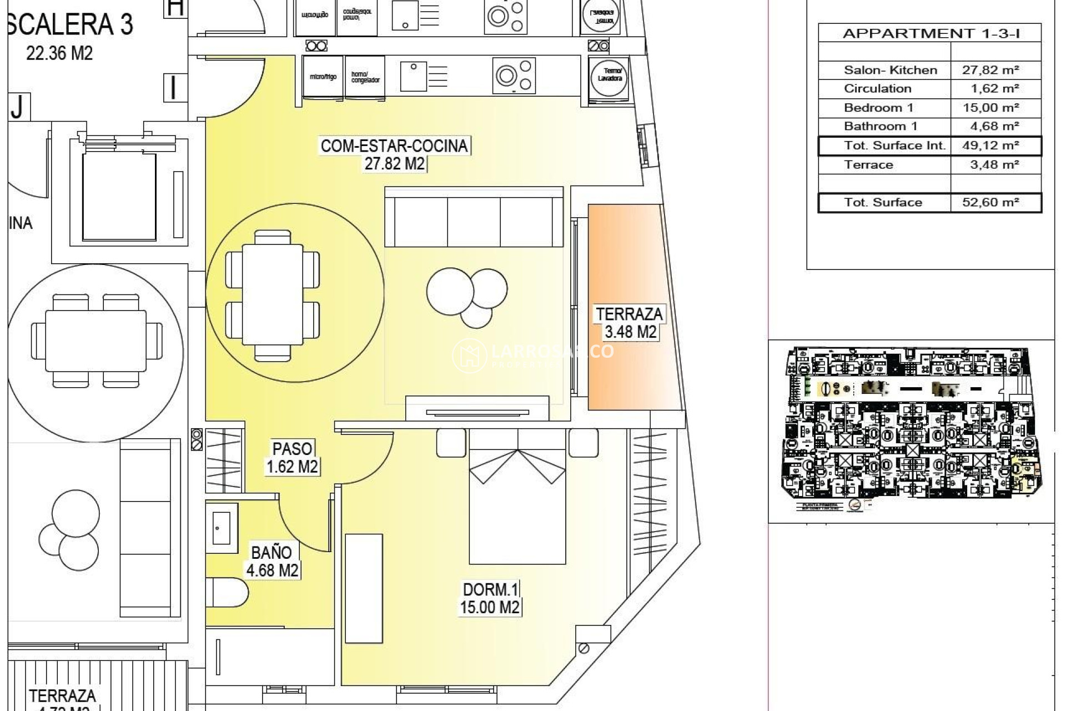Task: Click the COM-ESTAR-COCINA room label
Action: click(394, 146)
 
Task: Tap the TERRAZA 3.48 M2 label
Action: click(630, 323)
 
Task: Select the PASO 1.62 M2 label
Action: click(292, 457)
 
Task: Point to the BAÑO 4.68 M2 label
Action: click(271, 561)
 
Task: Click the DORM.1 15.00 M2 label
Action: click(490, 598)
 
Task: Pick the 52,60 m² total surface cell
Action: click(990, 202)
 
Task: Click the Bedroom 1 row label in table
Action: click(878, 108)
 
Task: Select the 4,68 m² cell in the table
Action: click(990, 127)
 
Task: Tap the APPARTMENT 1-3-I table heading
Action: click(931, 33)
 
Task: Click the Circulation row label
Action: click(877, 89)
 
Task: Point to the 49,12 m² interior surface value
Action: click(990, 146)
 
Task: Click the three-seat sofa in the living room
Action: click(474, 218)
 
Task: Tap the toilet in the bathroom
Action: click(228, 593)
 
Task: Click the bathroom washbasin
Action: click(222, 528)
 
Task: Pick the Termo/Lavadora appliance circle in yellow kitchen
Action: click(610, 76)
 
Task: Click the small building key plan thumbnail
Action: click(911, 428)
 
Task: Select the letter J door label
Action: click(18, 107)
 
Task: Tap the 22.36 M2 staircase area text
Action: click(59, 53)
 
